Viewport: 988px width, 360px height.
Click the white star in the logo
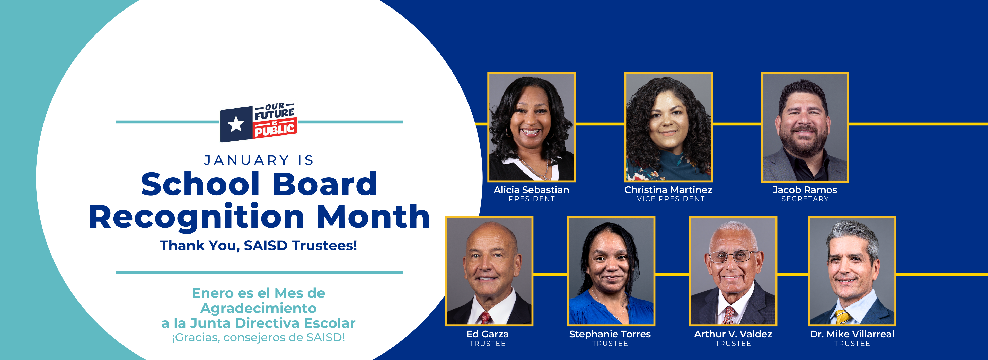[x=235, y=124]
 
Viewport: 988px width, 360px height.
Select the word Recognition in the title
[x=196, y=217]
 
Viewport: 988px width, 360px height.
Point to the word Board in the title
[x=324, y=184]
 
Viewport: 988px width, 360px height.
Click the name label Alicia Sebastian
[x=531, y=190]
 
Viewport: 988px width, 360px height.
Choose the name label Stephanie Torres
[x=610, y=334]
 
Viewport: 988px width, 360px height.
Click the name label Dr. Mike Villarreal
[x=852, y=334]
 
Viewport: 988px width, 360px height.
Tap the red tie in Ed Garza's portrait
[x=485, y=318]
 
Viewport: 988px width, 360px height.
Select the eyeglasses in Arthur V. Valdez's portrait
[x=732, y=256]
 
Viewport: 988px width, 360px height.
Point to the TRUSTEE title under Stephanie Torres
[x=610, y=344]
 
